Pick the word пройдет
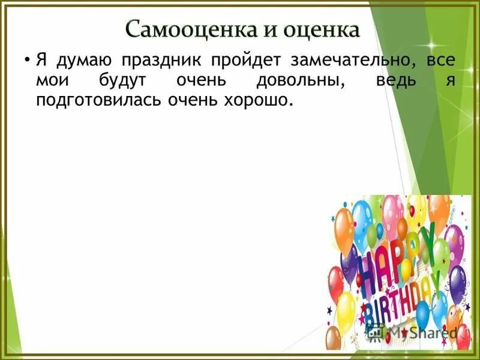(246, 62)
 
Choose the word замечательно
(347, 62)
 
